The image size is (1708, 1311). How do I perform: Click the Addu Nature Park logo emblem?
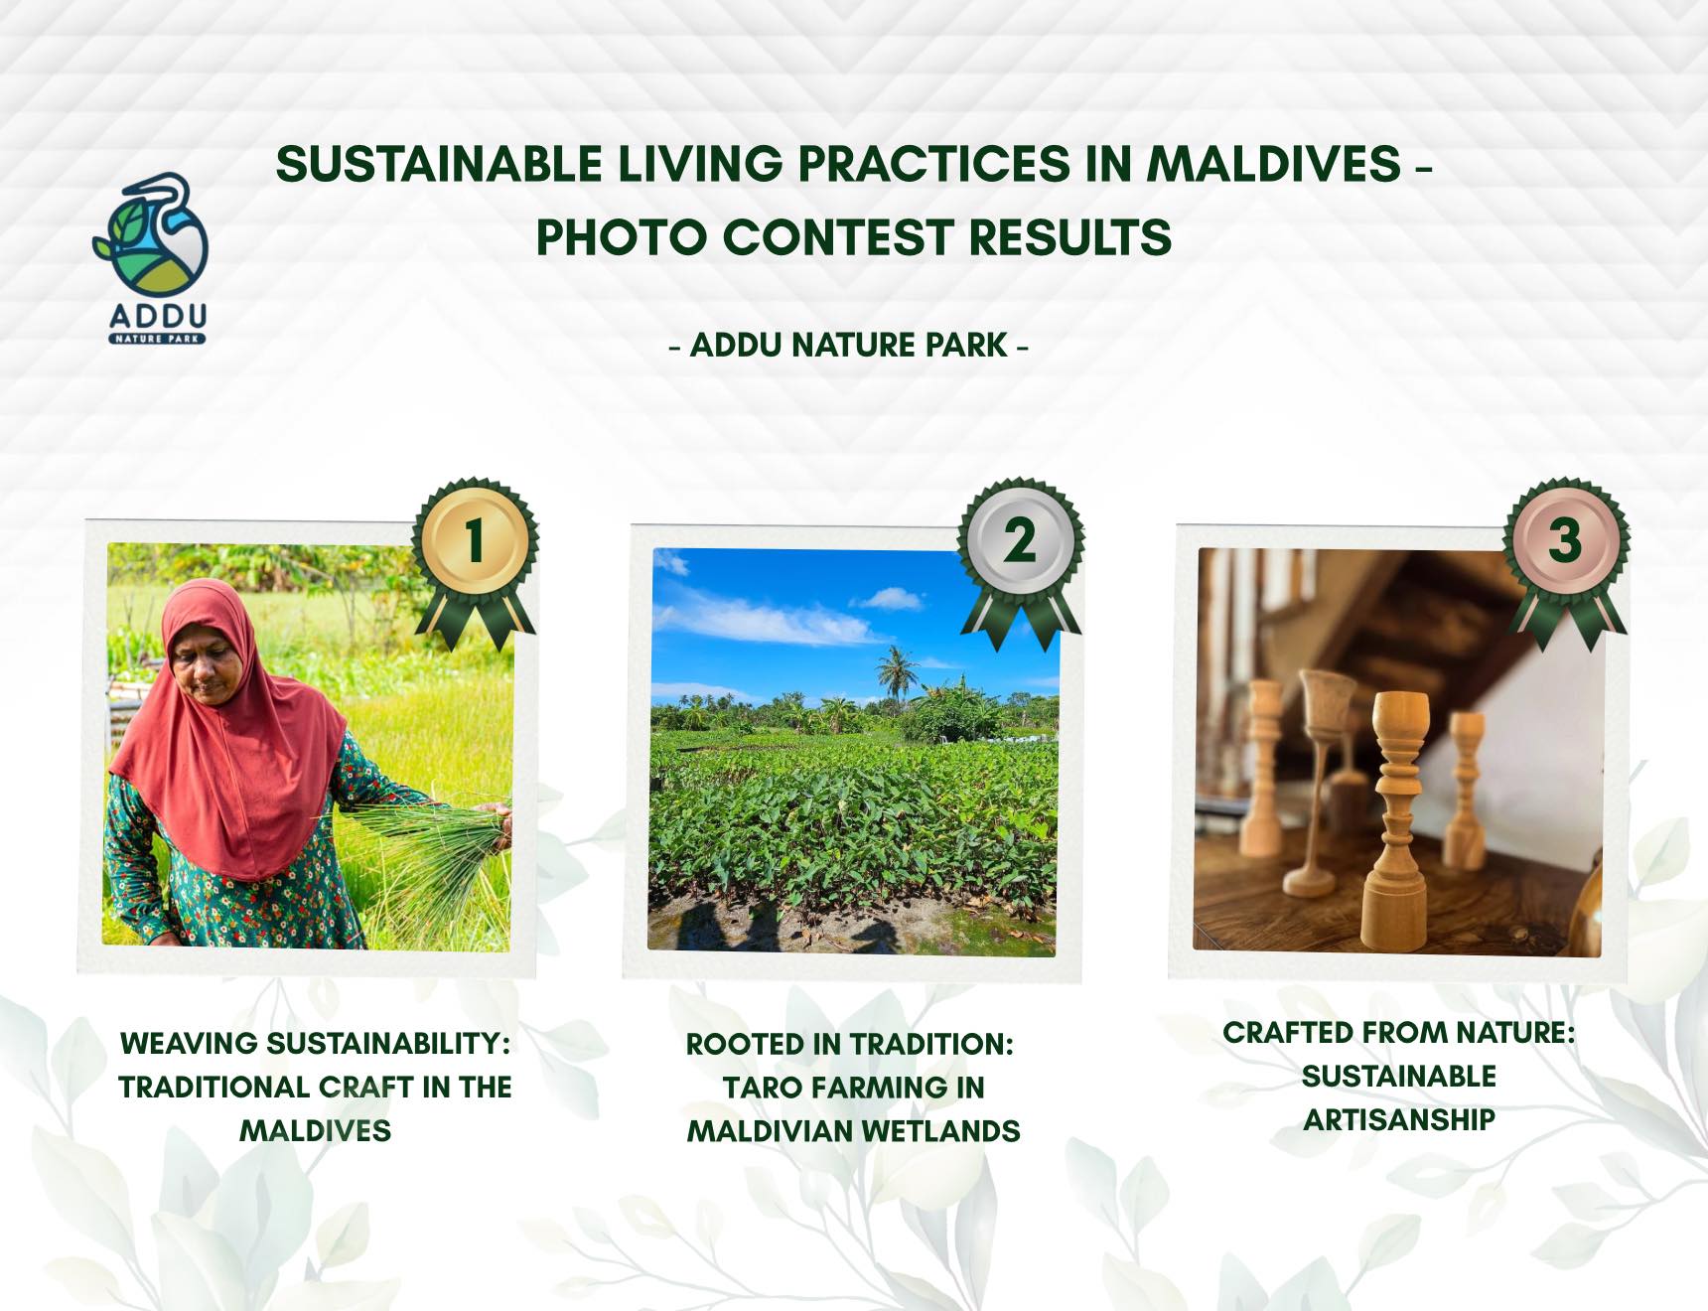coord(151,234)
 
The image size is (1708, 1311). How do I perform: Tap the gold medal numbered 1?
coord(476,541)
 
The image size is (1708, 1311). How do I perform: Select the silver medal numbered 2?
coord(1021,541)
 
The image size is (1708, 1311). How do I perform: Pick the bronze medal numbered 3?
coord(1566,541)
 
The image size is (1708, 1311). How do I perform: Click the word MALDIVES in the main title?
coord(1274,164)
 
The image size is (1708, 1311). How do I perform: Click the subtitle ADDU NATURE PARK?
coord(849,345)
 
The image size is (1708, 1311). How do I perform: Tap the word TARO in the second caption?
coord(764,1088)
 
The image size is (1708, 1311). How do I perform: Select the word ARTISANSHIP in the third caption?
coord(1399,1120)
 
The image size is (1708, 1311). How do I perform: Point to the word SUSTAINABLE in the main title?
coord(439,164)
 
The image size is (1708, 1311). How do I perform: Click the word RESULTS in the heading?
coord(1070,237)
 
